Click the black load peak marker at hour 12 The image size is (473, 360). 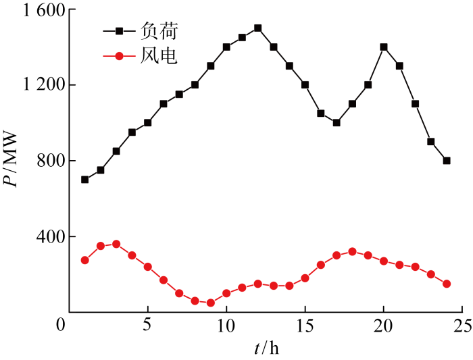257,28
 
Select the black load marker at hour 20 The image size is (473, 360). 384,47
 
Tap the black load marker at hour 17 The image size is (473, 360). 337,123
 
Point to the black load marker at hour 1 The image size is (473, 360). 84,180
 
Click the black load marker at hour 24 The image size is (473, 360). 447,161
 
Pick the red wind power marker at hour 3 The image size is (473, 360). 116,244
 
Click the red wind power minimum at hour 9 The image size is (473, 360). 211,303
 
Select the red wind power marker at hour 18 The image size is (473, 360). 352,251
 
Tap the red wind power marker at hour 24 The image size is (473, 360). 447,284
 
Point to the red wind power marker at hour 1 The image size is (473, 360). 84,260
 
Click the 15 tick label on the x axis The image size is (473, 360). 305,326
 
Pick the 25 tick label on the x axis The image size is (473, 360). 462,326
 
